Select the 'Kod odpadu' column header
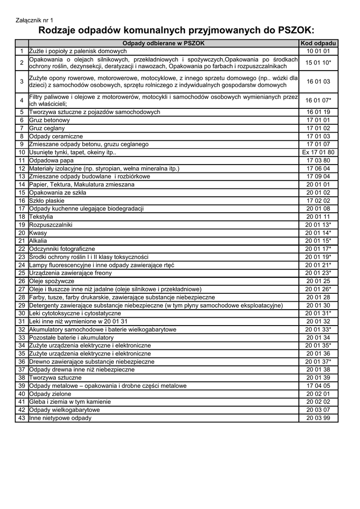pyautogui.click(x=318, y=43)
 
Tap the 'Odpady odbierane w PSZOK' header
pyautogui.click(x=164, y=43)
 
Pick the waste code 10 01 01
pyautogui.click(x=318, y=51)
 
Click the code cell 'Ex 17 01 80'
pyautogui.click(x=318, y=153)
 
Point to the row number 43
pyautogui.click(x=22, y=418)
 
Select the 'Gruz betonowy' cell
pyautogui.click(x=50, y=120)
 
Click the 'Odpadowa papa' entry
pyautogui.click(x=51, y=161)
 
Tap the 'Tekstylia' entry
pyautogui.click(x=42, y=217)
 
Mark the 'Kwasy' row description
pyautogui.click(x=38, y=233)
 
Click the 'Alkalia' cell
pyautogui.click(x=38, y=241)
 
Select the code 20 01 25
pyautogui.click(x=318, y=281)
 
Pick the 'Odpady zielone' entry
pyautogui.click(x=50, y=394)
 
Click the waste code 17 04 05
pyautogui.click(x=318, y=386)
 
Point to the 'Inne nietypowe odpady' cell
pyautogui.click(x=60, y=418)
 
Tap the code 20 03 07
pyautogui.click(x=318, y=410)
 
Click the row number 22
pyautogui.click(x=22, y=249)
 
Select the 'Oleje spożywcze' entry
pyautogui.click(x=52, y=281)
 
